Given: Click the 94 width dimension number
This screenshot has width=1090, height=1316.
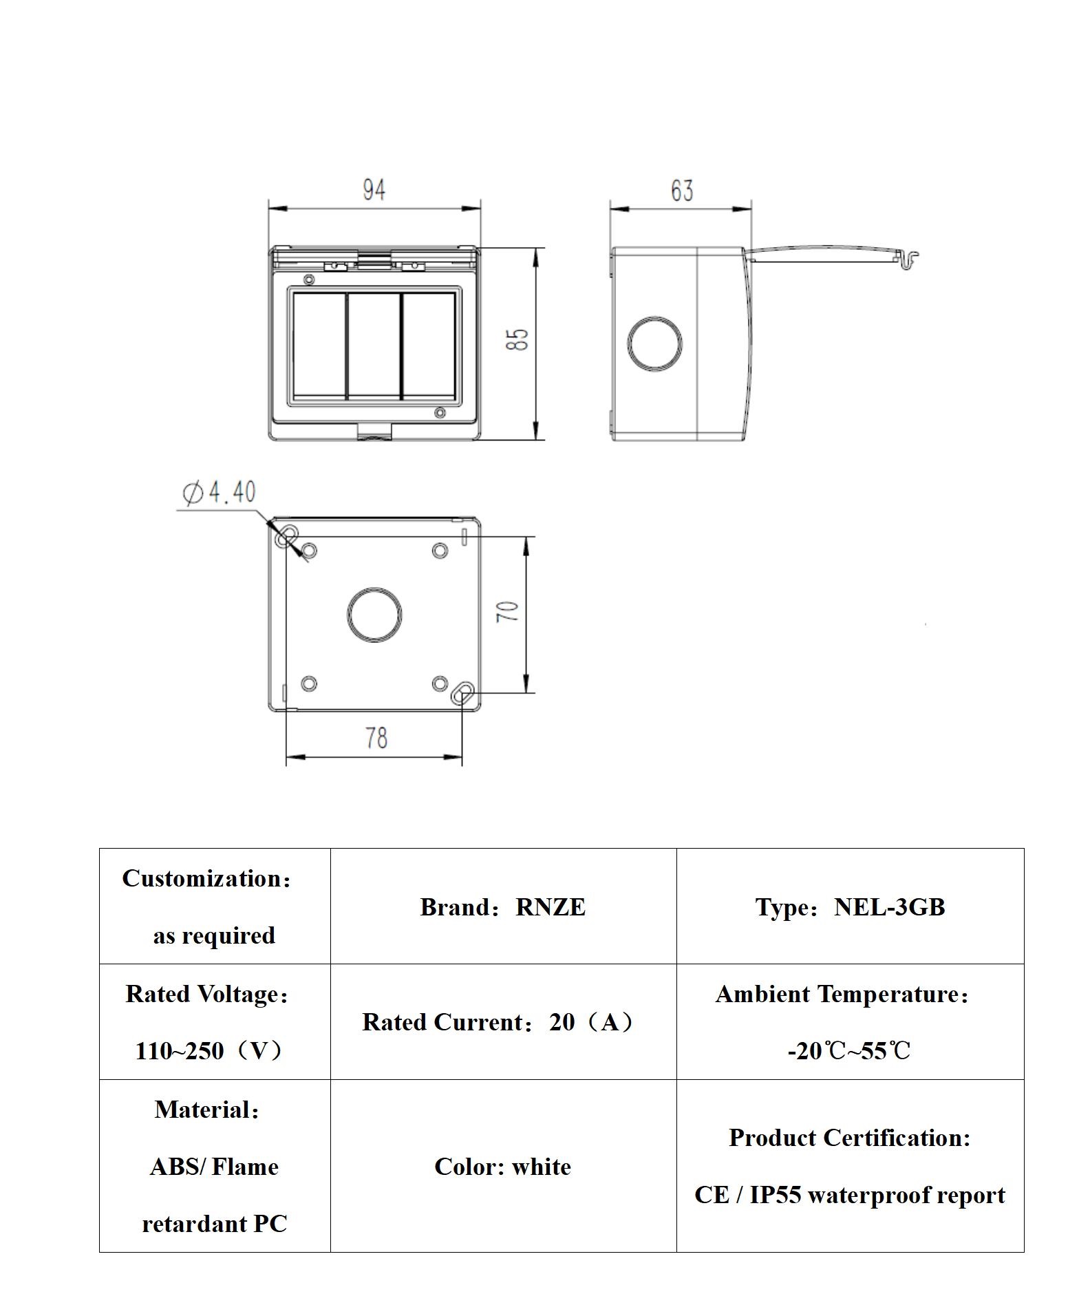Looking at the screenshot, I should [374, 190].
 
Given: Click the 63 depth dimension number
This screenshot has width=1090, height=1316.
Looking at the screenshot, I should [681, 191].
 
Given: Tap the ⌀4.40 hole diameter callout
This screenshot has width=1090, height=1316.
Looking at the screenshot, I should [219, 492].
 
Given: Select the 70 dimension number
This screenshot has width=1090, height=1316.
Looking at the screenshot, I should [508, 611].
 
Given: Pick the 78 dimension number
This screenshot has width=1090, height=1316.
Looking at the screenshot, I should [376, 738].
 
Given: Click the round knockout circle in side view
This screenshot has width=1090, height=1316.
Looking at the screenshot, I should [654, 344].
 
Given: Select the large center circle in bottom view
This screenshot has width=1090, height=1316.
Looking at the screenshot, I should [374, 615].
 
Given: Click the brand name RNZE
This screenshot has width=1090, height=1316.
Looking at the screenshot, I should [550, 907].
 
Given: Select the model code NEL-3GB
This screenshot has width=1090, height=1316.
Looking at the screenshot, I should [889, 907].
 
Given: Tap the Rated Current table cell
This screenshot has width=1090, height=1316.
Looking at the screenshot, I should [503, 1022].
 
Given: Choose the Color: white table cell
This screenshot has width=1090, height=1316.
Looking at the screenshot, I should [503, 1167].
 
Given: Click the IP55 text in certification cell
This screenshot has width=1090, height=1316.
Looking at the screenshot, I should [775, 1195].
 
